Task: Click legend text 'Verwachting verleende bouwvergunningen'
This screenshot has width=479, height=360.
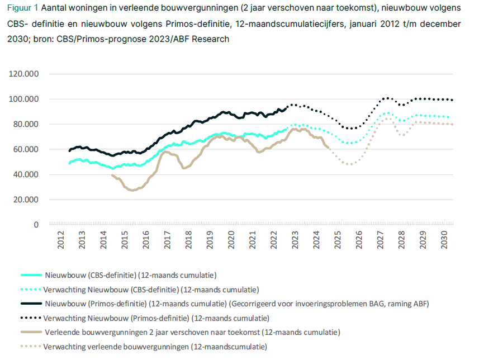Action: click(117, 347)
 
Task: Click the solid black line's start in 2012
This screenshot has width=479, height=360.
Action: click(69, 151)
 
